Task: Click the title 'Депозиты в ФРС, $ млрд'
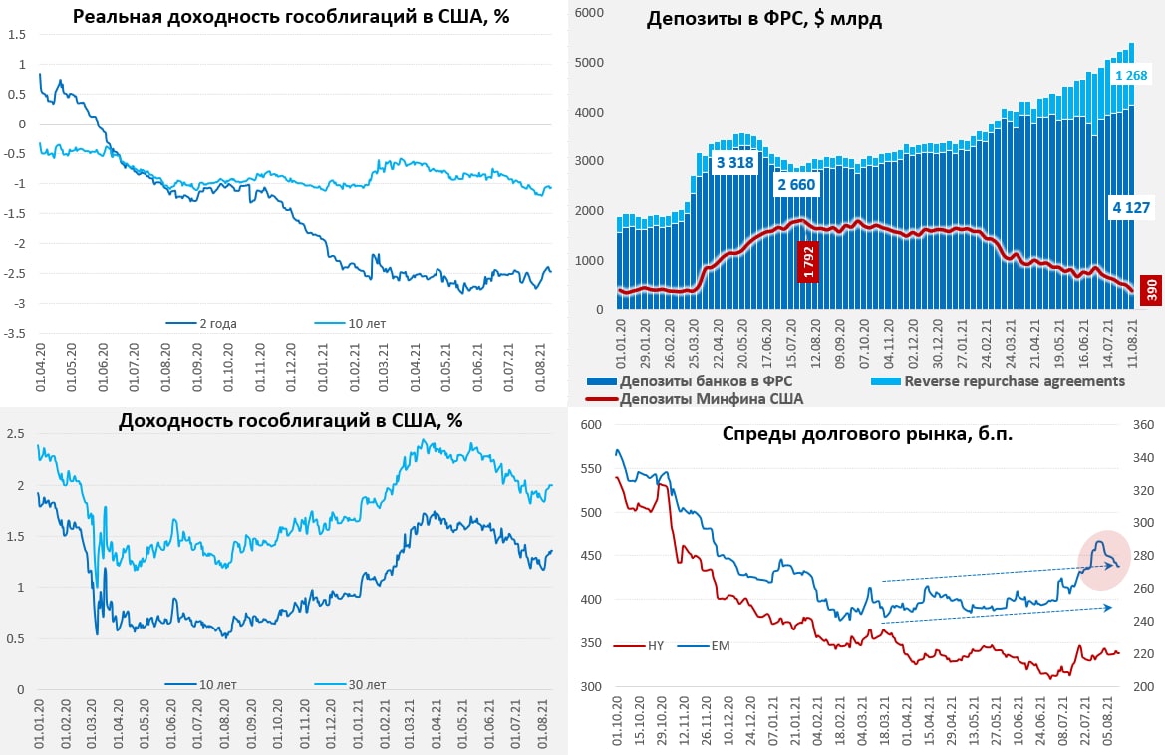coord(763,20)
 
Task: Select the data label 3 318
coord(734,163)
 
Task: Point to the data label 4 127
coord(1131,208)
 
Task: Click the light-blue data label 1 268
coord(1132,76)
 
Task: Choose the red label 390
coord(1151,290)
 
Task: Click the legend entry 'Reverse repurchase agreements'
coord(1015,381)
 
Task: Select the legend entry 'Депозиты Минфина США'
coord(712,399)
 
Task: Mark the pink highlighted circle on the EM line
coord(1104,559)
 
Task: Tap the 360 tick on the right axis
coord(1142,425)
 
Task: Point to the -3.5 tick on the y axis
coord(16,333)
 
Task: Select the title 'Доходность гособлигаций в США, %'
coord(290,421)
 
